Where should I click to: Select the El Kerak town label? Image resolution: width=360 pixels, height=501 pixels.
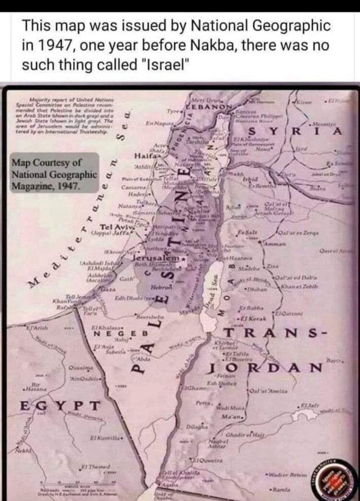pyautogui.click(x=250, y=318)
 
